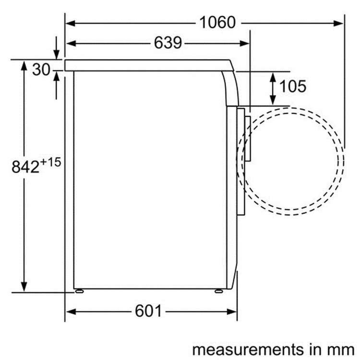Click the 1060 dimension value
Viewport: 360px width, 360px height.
click(x=217, y=23)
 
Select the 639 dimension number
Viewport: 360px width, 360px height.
click(x=168, y=43)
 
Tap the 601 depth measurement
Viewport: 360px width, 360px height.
click(x=148, y=311)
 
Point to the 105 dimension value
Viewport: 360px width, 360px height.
click(x=293, y=86)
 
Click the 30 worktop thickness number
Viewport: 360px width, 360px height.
click(x=41, y=70)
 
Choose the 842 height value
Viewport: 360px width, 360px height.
click(x=25, y=167)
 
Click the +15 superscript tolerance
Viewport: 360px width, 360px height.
click(x=50, y=162)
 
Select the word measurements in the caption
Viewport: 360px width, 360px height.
click(x=248, y=349)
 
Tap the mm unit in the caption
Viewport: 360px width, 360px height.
click(x=343, y=350)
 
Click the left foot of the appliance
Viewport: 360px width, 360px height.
click(x=79, y=291)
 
